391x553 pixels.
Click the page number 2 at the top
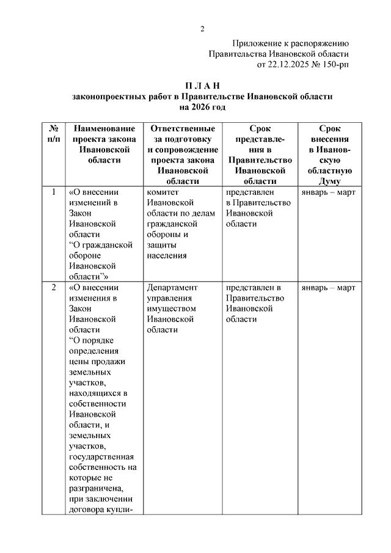coord(202,29)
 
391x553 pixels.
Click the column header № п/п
coord(53,134)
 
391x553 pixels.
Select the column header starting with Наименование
coord(104,129)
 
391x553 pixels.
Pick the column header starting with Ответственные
coord(182,129)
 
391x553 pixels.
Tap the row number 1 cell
coord(53,192)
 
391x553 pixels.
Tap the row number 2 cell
coord(53,287)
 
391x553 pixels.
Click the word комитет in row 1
coord(162,192)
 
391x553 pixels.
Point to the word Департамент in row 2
coord(172,287)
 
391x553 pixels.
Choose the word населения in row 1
coord(167,255)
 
